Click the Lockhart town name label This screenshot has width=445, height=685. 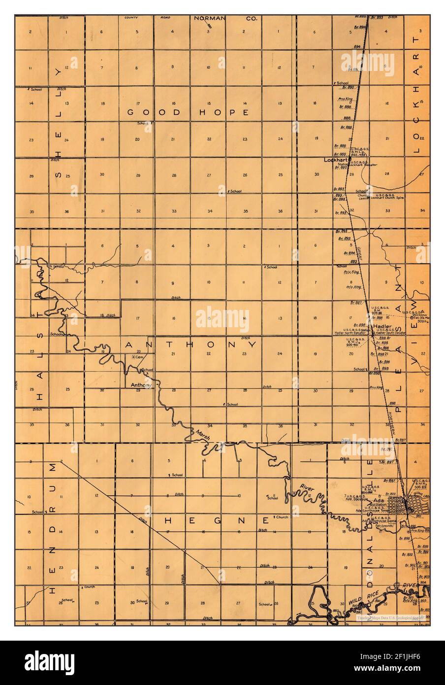click(x=336, y=160)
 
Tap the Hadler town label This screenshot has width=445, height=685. click(x=382, y=326)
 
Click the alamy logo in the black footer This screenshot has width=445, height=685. click(x=50, y=660)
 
